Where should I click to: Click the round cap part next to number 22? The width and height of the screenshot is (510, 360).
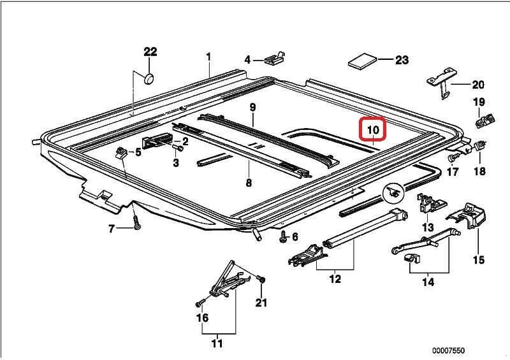coord(149,79)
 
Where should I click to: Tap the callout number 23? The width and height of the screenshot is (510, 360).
coord(402,60)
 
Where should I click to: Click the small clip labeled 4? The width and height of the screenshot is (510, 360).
coord(275,58)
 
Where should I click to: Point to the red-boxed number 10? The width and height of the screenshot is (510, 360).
coord(373,130)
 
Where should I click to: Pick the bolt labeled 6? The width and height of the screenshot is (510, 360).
coord(282,238)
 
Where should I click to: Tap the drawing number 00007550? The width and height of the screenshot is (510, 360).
coord(448,350)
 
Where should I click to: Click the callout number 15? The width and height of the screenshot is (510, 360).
coord(479,259)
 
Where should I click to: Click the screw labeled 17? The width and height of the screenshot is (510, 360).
coord(451,159)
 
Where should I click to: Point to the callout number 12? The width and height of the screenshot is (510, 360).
coord(335,278)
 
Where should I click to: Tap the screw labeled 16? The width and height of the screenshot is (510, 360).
coord(199,303)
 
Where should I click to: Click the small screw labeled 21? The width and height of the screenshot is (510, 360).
coord(261,278)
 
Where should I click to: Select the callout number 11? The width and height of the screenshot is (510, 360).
coord(217,343)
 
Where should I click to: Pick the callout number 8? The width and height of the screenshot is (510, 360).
coord(249,182)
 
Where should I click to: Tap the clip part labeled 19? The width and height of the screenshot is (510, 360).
coord(484,120)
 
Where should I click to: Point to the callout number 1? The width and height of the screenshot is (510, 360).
coord(208,57)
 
